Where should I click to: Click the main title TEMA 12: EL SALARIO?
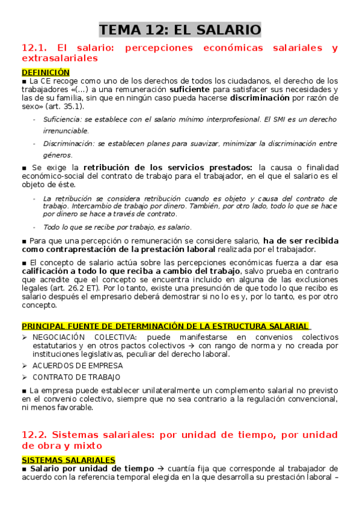[180, 29]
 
